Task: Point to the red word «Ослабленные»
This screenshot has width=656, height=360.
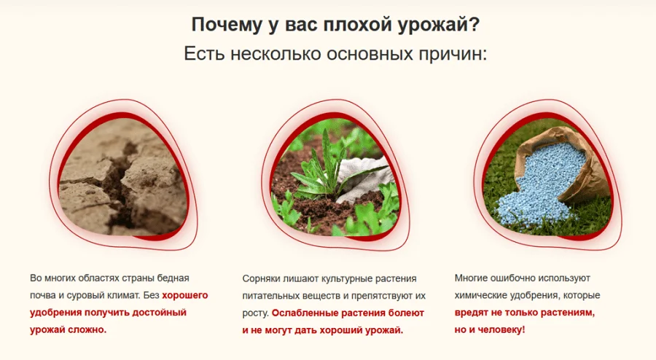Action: click(x=304, y=313)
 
